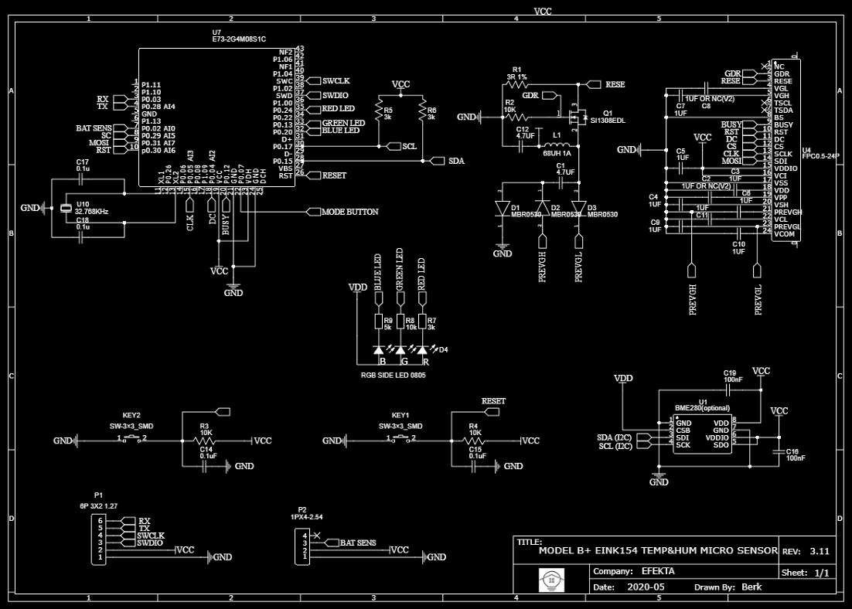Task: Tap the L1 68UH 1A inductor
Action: click(554, 145)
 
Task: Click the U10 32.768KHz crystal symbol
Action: click(66, 208)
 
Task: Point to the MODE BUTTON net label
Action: click(349, 212)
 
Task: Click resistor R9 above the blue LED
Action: click(379, 322)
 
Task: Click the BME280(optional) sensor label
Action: click(702, 408)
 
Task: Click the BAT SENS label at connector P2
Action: click(358, 543)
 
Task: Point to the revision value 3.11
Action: click(819, 552)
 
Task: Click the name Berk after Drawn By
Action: click(751, 587)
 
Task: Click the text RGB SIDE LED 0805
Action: click(393, 375)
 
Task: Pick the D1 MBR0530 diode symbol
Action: click(501, 207)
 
